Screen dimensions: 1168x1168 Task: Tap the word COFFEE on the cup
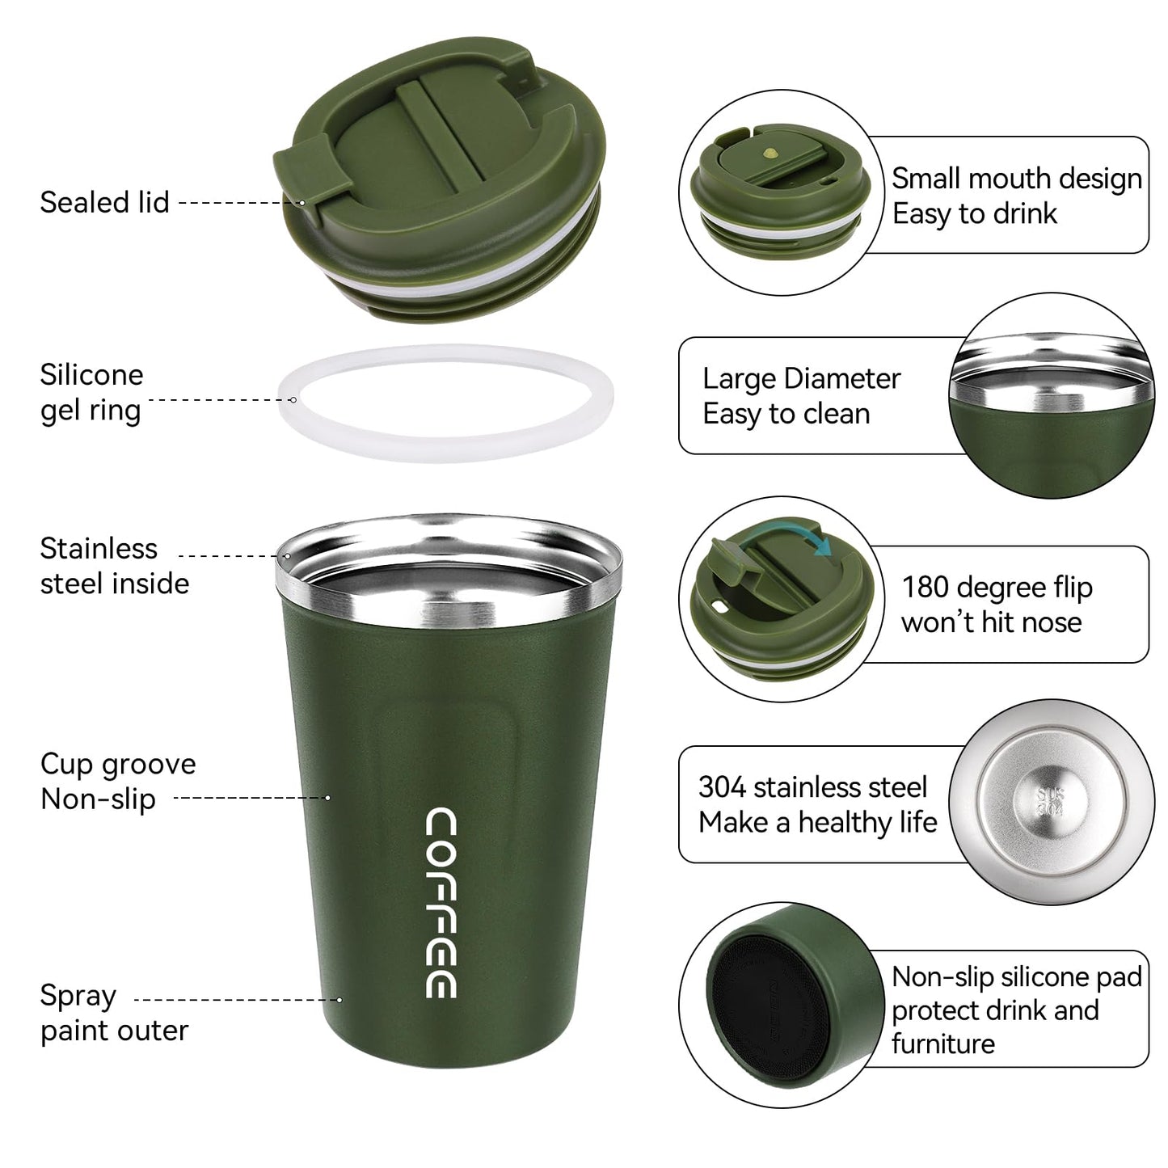[x=441, y=902]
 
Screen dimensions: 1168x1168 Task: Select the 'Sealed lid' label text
[x=104, y=202]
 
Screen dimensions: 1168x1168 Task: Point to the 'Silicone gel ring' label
[x=91, y=393]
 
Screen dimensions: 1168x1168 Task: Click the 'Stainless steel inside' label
[x=114, y=566]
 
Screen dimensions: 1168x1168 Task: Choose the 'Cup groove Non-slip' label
[x=117, y=781]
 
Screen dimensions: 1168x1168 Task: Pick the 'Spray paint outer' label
[x=114, y=1013]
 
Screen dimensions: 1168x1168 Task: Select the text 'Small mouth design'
[x=1016, y=179]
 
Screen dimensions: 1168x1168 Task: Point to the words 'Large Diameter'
[x=801, y=378]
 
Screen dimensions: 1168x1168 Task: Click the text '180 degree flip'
[x=997, y=587]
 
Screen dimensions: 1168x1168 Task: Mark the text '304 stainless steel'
[x=812, y=786]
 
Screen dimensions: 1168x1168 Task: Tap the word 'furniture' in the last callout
[x=942, y=1044]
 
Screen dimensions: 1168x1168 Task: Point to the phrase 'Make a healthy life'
[x=817, y=823]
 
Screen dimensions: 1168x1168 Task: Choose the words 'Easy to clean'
[x=786, y=414]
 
